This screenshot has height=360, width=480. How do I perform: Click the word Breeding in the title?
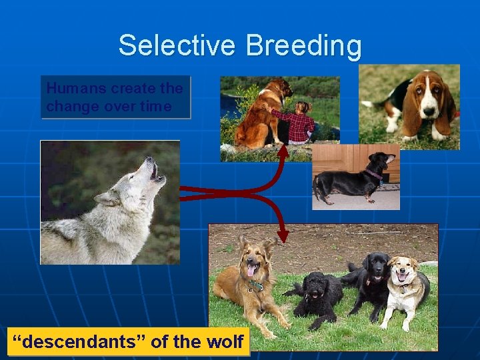click(303, 46)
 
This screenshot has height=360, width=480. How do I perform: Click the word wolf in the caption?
click(227, 342)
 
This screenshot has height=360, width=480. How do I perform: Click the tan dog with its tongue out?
click(248, 280)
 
